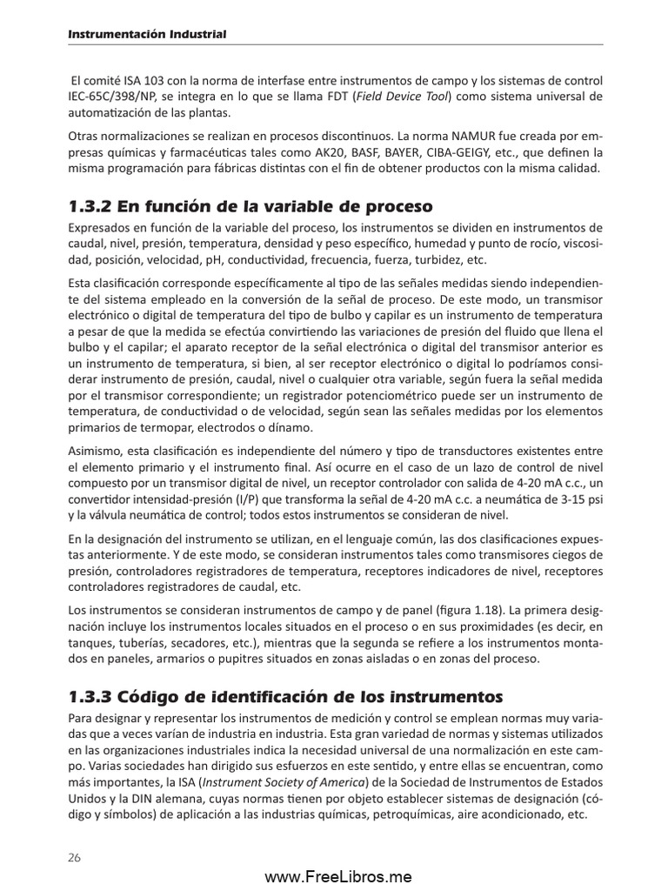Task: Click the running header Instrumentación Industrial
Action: (148, 34)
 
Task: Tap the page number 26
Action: (75, 857)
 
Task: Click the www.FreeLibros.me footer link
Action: (337, 877)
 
